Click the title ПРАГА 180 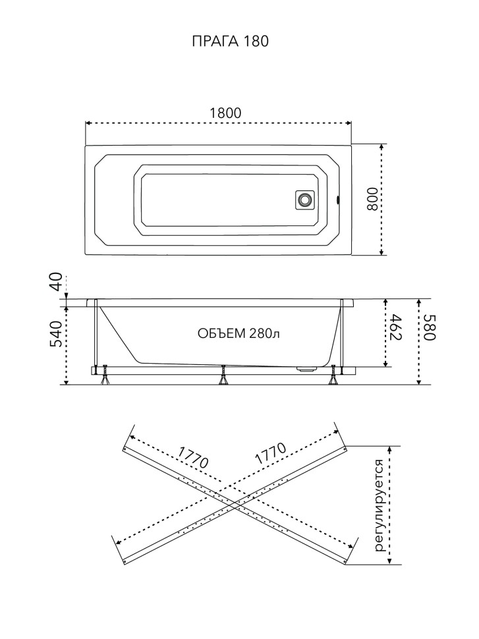pos(231,41)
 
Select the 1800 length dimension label pos(225,113)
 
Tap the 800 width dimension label pos(372,199)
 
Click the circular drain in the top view pos(304,200)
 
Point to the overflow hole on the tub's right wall pos(337,200)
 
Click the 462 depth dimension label pos(396,327)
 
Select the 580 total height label pos(430,327)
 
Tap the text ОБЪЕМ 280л pos(239,333)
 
